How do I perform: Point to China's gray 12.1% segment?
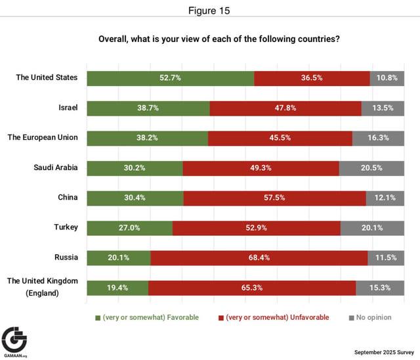tap(385, 198)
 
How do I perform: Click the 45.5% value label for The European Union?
tap(280, 138)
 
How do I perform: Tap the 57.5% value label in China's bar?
tap(275, 198)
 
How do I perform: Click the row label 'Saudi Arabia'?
tap(56, 168)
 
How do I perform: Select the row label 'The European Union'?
tap(43, 138)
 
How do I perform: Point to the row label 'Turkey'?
tap(66, 227)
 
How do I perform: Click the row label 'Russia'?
tap(66, 258)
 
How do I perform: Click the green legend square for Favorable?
tap(98, 318)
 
